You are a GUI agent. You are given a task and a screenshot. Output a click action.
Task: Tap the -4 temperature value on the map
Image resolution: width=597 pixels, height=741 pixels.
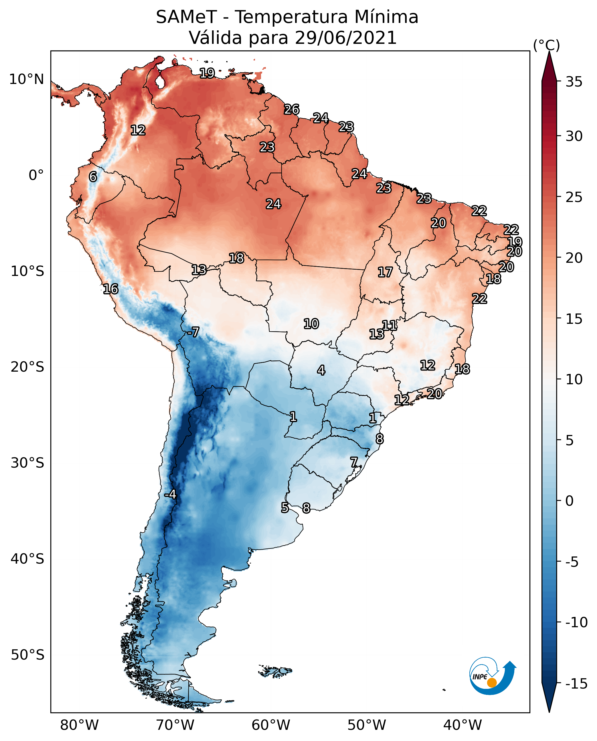click(170, 495)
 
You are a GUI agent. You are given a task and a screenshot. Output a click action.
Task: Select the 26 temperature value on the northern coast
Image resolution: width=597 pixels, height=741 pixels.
click(292, 109)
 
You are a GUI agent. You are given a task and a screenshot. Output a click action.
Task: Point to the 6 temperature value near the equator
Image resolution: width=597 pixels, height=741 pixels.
click(93, 177)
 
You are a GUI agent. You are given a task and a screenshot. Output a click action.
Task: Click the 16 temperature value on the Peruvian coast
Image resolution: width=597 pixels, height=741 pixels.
click(111, 289)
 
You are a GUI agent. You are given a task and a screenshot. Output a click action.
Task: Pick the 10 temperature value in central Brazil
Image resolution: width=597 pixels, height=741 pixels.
click(311, 324)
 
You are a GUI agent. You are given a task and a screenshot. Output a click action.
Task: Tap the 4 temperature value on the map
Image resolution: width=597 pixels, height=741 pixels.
click(321, 370)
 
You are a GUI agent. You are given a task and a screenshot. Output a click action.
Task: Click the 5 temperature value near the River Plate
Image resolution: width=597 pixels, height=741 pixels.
click(285, 507)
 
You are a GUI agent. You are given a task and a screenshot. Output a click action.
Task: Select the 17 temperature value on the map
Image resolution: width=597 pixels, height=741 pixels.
click(385, 273)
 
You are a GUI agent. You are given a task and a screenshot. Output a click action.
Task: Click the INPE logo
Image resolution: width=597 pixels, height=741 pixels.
click(492, 676)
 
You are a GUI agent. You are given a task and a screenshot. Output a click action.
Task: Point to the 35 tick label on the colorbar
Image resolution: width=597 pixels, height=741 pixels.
click(574, 82)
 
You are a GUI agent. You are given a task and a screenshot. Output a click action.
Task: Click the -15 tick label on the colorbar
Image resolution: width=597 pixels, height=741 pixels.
click(576, 684)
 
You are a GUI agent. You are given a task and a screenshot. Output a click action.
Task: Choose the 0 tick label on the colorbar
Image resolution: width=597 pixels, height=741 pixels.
click(570, 501)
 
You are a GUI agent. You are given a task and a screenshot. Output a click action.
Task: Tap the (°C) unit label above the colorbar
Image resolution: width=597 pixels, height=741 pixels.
click(546, 45)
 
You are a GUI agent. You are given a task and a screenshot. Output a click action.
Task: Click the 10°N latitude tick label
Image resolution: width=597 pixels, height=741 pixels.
click(27, 80)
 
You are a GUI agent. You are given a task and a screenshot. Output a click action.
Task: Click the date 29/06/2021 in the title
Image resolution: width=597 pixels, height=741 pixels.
click(346, 38)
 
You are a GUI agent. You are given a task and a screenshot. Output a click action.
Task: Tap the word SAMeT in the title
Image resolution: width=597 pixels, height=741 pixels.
click(186, 17)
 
